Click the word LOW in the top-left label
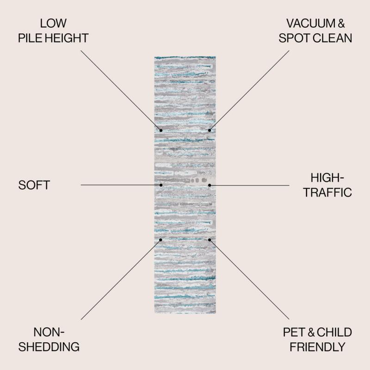click(53, 24)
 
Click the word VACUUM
click(310, 24)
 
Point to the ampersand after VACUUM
click(341, 24)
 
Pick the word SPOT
click(295, 38)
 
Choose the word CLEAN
click(333, 38)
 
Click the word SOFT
click(34, 185)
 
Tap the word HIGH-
click(327, 178)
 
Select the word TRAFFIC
click(327, 192)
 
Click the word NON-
click(49, 332)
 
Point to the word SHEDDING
click(49, 347)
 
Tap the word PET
click(294, 332)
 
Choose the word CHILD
click(334, 332)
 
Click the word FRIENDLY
click(318, 347)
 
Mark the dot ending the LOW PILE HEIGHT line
click(161, 130)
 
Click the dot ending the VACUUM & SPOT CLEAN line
click(210, 130)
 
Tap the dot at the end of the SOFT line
click(161, 185)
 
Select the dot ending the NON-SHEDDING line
click(160, 240)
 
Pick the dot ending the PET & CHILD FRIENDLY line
click(210, 240)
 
